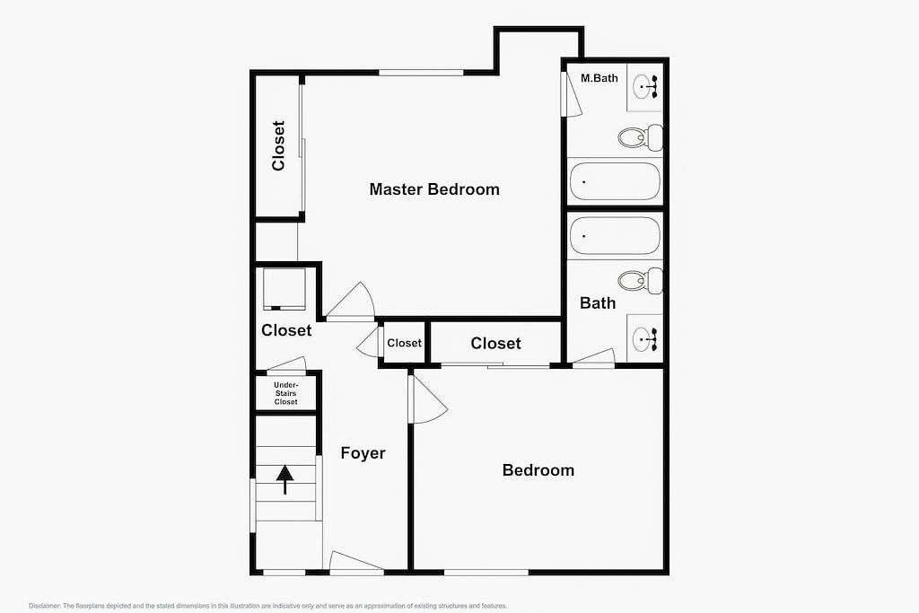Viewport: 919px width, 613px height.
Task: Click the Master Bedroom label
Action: tap(434, 189)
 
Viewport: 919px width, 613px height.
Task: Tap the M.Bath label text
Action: tap(600, 78)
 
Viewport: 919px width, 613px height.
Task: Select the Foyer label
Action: tap(363, 453)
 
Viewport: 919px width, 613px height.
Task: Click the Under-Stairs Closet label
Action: tap(285, 393)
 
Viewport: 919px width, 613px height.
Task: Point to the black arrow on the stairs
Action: tap(285, 479)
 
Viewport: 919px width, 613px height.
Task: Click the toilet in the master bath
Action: tap(640, 137)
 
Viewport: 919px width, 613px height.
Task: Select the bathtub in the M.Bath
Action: tap(615, 181)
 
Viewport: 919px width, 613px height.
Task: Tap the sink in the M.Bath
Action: tap(644, 87)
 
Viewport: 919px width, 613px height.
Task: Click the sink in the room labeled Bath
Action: tap(644, 338)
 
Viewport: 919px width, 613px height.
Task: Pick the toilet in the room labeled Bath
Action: tap(640, 281)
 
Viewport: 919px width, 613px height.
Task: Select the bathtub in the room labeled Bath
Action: tap(615, 236)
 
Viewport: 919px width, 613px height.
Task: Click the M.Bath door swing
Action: tap(572, 94)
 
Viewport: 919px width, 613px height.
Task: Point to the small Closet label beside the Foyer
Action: tap(404, 343)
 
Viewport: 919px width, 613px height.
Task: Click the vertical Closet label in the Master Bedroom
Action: tap(278, 145)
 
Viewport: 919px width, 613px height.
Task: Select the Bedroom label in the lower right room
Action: tap(538, 470)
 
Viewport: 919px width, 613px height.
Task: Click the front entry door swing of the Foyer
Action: tap(355, 563)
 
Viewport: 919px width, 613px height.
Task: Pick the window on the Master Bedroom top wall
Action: tap(421, 73)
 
